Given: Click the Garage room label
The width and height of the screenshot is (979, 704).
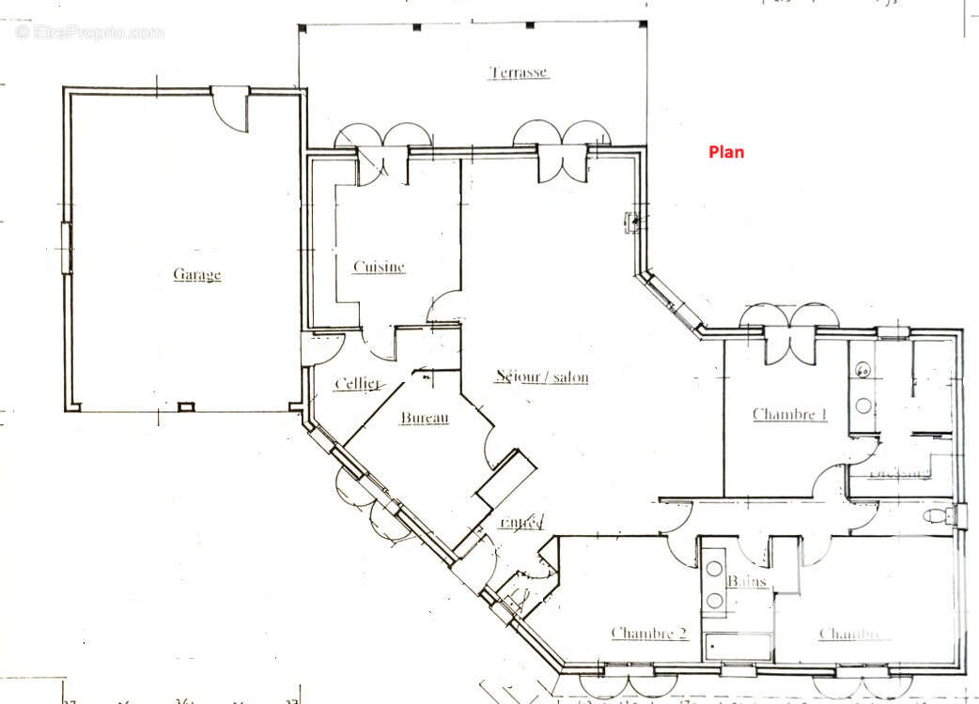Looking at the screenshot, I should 196,275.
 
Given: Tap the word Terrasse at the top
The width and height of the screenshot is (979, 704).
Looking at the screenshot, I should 518,72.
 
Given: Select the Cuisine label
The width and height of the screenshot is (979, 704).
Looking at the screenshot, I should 379,267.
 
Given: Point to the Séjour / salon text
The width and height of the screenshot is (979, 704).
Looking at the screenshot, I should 542,377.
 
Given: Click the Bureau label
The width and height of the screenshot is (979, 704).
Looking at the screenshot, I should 425,418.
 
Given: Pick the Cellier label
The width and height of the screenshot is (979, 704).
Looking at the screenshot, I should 357,383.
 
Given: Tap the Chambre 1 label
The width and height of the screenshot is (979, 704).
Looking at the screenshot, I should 789,414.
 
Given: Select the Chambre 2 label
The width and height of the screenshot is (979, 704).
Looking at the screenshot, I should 648,634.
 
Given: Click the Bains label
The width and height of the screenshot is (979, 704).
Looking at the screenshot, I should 747,582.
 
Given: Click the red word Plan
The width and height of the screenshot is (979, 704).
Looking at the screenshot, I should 725,151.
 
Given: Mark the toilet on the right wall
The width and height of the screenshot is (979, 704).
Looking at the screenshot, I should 936,515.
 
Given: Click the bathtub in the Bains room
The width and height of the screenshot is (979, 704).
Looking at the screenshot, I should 738,647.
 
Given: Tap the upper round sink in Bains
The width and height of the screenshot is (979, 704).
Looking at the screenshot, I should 714,569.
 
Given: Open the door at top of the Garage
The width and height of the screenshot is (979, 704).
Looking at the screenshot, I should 229,106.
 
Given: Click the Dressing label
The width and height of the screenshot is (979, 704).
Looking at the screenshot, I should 898,472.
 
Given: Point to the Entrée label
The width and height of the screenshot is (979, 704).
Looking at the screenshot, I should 521,522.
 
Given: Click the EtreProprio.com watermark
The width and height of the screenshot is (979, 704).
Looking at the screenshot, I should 89,33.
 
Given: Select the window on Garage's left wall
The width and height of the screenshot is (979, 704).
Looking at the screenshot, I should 66,248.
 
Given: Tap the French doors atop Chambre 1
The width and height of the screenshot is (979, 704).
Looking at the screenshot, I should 788,329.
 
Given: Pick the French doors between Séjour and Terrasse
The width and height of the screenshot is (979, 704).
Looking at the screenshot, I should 562,150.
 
